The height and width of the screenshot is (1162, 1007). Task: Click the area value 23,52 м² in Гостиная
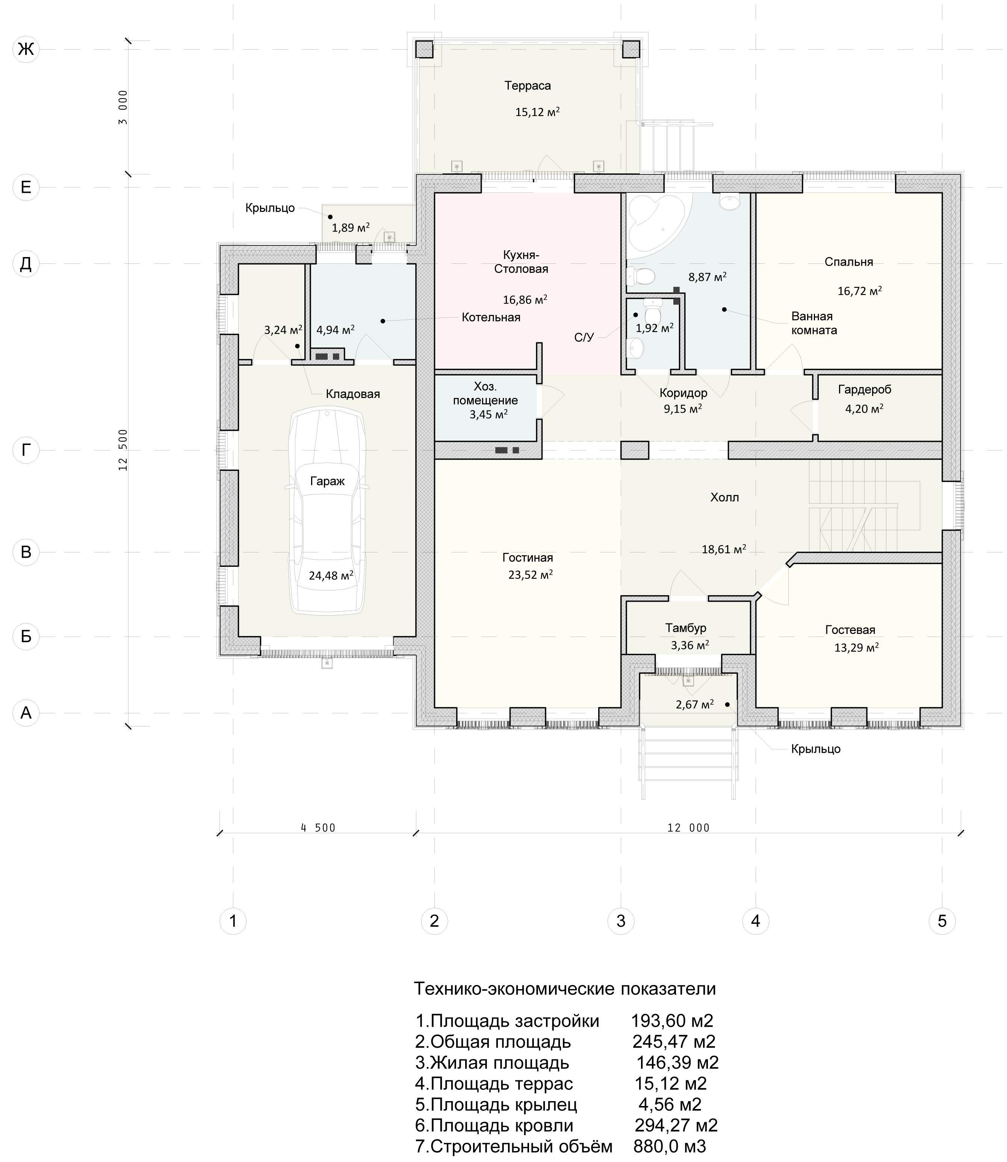click(x=531, y=574)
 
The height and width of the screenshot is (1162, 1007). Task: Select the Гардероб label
click(x=864, y=389)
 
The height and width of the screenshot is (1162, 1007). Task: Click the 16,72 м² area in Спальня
click(x=859, y=290)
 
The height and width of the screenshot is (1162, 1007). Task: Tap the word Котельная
click(x=491, y=318)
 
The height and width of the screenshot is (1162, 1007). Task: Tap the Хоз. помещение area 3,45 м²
click(x=488, y=415)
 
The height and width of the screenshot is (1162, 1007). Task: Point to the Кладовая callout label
click(x=352, y=394)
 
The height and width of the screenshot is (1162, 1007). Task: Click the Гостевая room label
click(x=850, y=630)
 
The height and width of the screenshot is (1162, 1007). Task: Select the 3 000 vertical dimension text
click(x=123, y=107)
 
